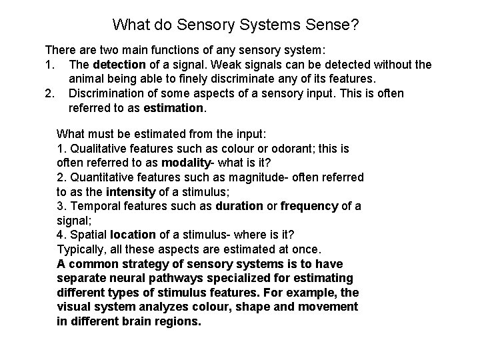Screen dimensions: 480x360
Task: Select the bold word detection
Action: coord(119,65)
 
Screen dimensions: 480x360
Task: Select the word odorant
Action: coord(274,148)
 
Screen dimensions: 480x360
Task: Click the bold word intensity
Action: coord(130,192)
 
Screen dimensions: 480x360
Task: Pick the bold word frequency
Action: coord(309,206)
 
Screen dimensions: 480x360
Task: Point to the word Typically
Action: coord(82,249)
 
